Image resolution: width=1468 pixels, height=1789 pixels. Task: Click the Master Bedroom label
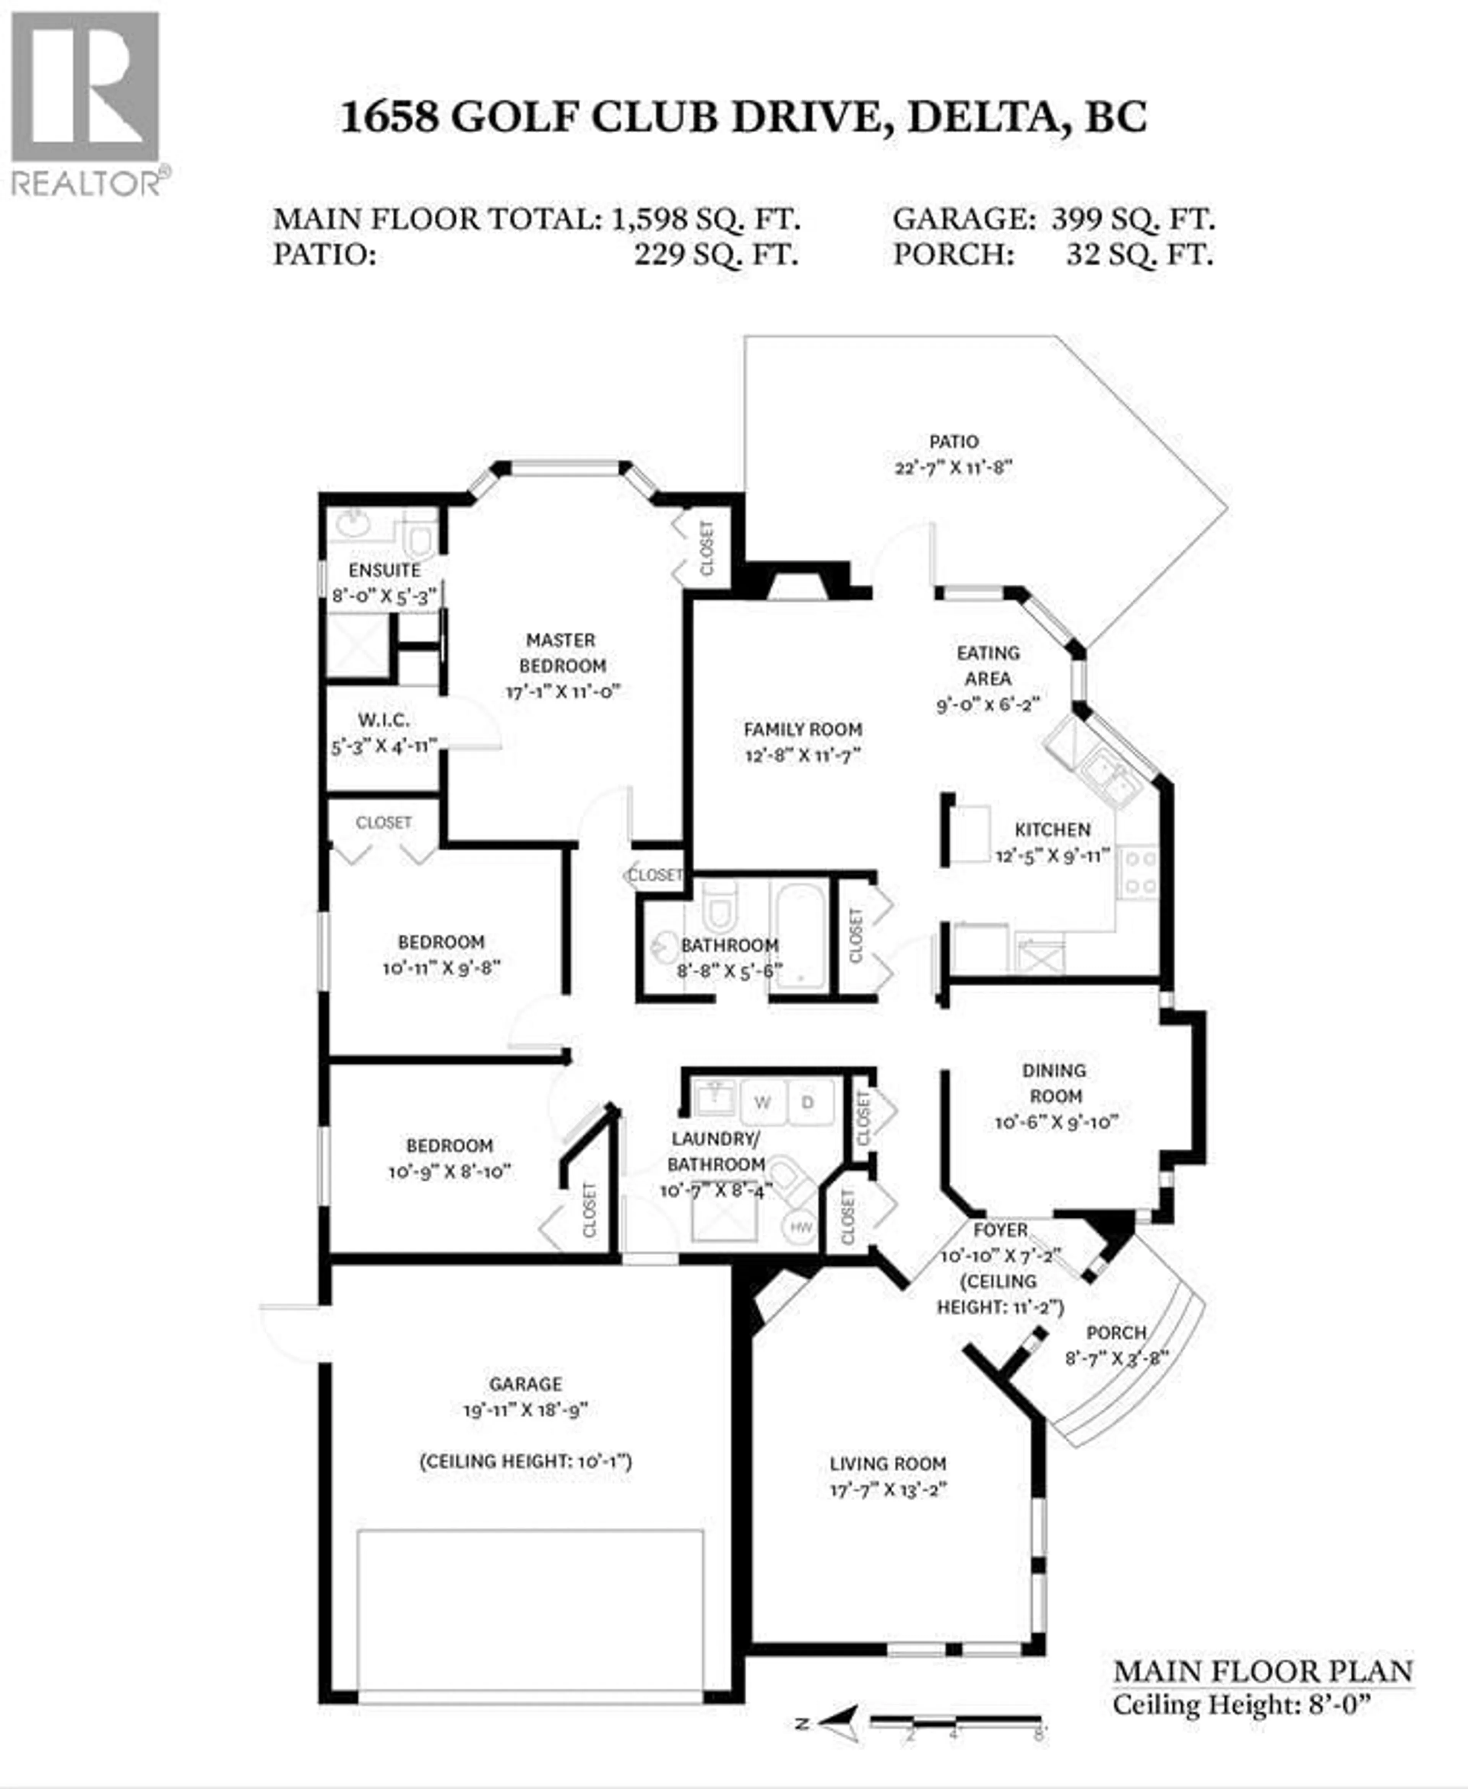click(562, 652)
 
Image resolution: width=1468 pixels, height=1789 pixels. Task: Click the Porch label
click(1116, 1332)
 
